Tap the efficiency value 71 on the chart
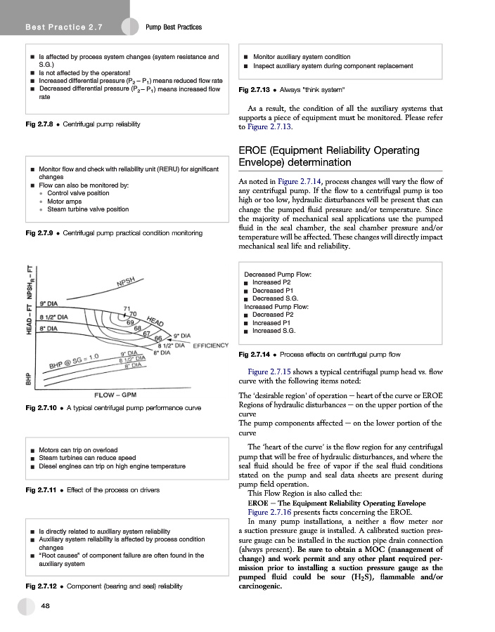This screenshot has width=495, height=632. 127,308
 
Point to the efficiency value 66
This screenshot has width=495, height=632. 158,338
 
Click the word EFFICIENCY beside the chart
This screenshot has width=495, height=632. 211,345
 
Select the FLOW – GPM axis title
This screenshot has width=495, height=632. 115,395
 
